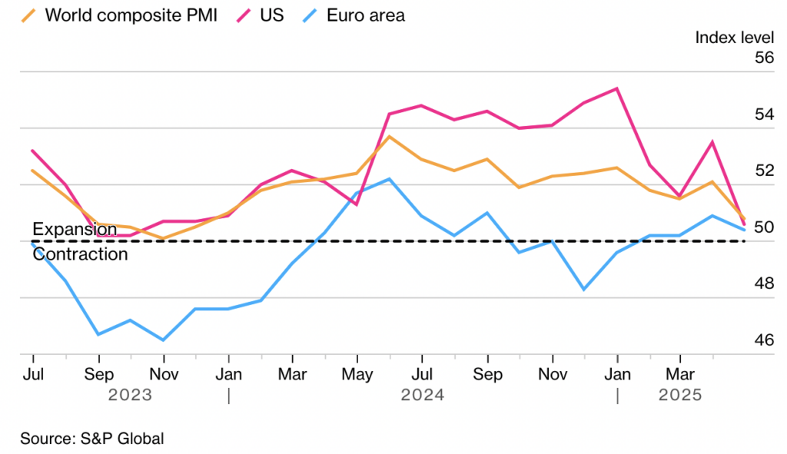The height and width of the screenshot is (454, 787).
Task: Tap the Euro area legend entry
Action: click(x=364, y=15)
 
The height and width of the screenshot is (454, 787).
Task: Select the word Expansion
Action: click(x=75, y=229)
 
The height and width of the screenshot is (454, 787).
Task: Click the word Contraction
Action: click(x=80, y=254)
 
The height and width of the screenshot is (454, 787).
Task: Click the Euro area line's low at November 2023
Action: click(x=163, y=340)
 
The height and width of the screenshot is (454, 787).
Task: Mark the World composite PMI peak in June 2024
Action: click(x=390, y=137)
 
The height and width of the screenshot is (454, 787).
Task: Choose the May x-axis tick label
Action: click(x=357, y=375)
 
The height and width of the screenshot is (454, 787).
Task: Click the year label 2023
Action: click(x=130, y=395)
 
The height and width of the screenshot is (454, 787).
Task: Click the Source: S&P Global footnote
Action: click(x=92, y=439)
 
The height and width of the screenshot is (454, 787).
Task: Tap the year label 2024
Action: click(x=422, y=395)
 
